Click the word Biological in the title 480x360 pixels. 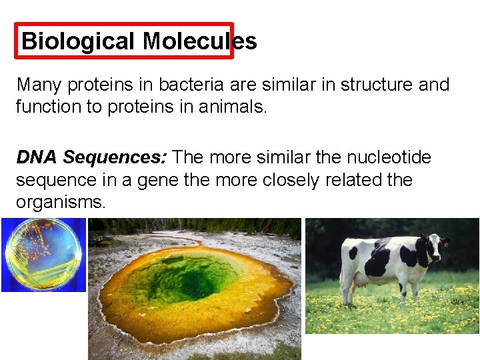click(78, 42)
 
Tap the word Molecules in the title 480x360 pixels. click(199, 42)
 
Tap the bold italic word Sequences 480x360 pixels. click(115, 157)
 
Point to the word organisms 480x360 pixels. click(60, 202)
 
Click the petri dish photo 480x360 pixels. click(43, 255)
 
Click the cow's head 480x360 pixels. click(433, 247)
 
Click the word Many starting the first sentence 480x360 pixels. click(39, 85)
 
